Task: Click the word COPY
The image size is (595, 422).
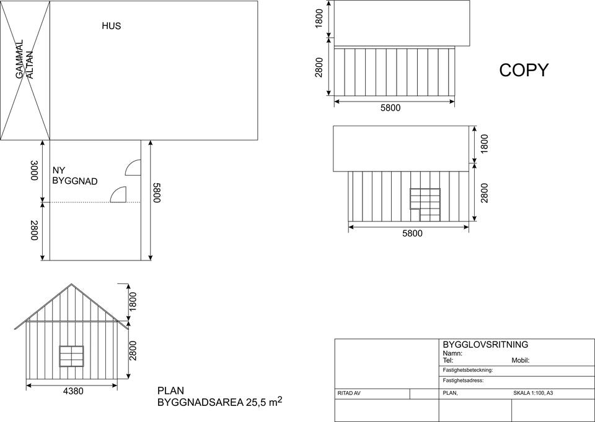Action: point(524,70)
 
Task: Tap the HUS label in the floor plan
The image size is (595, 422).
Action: point(111,26)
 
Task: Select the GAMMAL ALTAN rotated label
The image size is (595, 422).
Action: point(25,59)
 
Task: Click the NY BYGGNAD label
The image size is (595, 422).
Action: point(75,176)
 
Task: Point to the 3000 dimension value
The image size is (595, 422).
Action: point(34,170)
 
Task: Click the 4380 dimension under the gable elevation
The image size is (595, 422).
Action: point(73,391)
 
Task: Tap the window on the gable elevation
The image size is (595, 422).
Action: point(71,356)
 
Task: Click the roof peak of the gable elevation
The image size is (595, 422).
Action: point(71,284)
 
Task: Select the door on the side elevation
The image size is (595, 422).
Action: point(425,205)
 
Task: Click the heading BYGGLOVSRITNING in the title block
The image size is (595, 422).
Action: point(485,344)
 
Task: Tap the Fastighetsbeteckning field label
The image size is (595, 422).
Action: point(468,370)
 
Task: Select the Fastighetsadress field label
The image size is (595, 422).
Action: point(464,381)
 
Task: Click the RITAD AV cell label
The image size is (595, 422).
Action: point(349,393)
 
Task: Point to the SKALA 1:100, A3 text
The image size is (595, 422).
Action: point(533,393)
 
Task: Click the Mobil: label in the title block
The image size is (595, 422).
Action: point(520,360)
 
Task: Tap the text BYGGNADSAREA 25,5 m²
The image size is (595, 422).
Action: point(219,402)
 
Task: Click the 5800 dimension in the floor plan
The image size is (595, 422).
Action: point(156,192)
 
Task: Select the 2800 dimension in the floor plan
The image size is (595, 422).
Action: point(34,230)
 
